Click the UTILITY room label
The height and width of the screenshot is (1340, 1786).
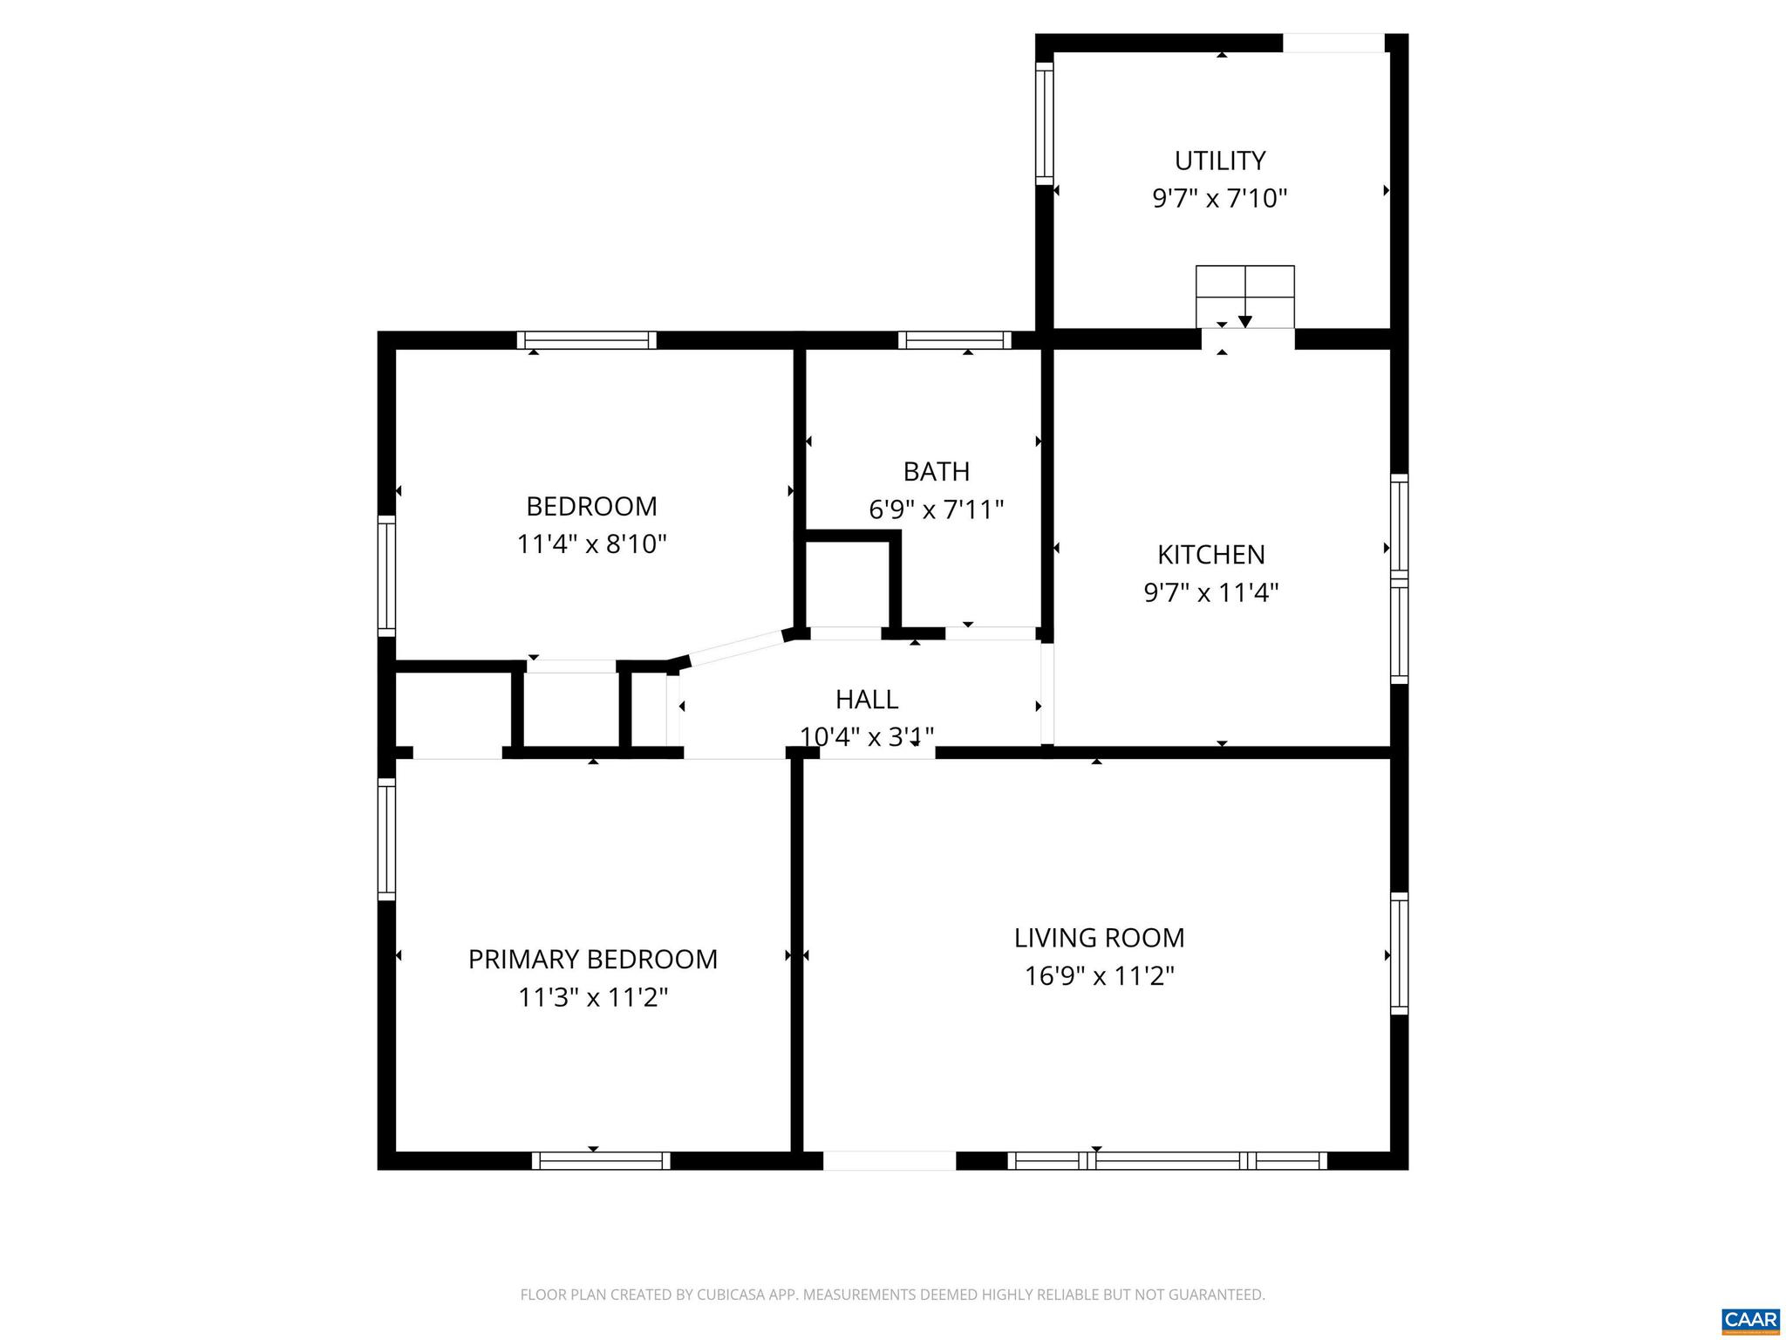[x=1219, y=161]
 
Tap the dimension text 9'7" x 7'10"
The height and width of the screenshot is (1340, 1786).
[x=1219, y=199]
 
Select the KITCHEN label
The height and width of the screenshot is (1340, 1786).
[x=1210, y=554]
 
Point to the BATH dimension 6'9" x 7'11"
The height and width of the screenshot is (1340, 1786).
[x=936, y=509]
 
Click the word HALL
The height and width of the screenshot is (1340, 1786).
[x=866, y=699]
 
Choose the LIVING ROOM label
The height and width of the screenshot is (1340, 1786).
[x=1099, y=938]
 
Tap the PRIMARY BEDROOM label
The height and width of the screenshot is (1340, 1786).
[x=592, y=959]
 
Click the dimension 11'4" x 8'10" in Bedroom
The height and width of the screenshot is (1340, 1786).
[x=591, y=544]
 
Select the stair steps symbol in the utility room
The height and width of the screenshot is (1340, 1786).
[x=1244, y=296]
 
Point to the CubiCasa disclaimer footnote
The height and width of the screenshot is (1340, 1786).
[x=892, y=1295]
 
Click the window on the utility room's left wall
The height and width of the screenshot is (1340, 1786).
[x=1044, y=123]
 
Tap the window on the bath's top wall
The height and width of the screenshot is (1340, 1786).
[x=954, y=340]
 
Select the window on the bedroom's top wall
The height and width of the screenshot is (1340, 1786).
[x=586, y=340]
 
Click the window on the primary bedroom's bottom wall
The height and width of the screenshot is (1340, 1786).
[x=601, y=1160]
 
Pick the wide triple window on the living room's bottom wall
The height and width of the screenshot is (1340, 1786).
[x=1167, y=1160]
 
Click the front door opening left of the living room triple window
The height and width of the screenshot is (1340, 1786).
[x=889, y=1160]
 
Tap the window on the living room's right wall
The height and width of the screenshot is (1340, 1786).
[x=1399, y=953]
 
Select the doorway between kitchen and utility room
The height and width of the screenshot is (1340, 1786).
[x=1247, y=338]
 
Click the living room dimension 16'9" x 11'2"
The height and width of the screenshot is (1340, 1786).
[x=1099, y=976]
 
